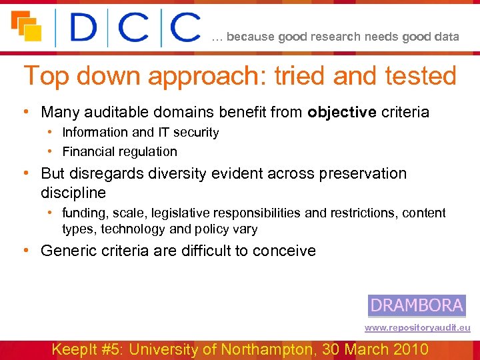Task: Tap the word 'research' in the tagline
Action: [333, 37]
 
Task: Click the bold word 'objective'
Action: [343, 112]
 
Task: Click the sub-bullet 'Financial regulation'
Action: [120, 151]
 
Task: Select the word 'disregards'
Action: [106, 173]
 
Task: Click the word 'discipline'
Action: [73, 192]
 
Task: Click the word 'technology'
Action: [135, 229]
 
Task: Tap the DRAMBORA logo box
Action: [417, 305]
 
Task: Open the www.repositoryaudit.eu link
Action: [417, 328]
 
